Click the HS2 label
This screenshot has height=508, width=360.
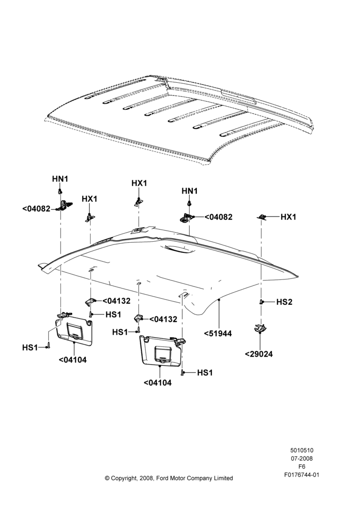pos(284,302)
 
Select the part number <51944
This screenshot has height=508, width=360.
pos(218,334)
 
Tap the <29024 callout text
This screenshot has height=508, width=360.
pos(258,354)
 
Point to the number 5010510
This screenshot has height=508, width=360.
pos(302,450)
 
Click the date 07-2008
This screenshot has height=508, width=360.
pos(302,458)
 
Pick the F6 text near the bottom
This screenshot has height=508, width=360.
pos(302,467)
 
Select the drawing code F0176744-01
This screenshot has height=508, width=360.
pos(302,475)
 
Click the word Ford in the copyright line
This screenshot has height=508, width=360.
pos(163,478)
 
